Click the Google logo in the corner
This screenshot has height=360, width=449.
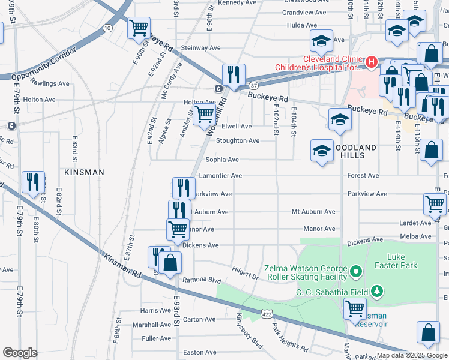pyautogui.click(x=20, y=353)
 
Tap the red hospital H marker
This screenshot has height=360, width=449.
pyautogui.click(x=372, y=61)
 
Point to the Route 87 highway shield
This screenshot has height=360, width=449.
pyautogui.click(x=254, y=86)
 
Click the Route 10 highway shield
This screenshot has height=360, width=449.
pyautogui.click(x=107, y=28)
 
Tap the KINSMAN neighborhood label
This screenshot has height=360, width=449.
pyautogui.click(x=85, y=172)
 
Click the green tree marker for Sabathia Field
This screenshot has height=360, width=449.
pyautogui.click(x=377, y=292)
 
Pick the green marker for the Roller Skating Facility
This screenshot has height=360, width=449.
pyautogui.click(x=356, y=272)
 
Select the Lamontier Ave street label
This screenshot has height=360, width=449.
pyautogui.click(x=223, y=176)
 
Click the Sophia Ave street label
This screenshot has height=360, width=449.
pyautogui.click(x=222, y=160)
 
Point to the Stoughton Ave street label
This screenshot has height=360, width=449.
pyautogui.click(x=238, y=141)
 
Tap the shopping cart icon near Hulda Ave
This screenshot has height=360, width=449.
pyautogui.click(x=139, y=28)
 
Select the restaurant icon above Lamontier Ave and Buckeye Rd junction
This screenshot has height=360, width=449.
pyautogui.click(x=233, y=75)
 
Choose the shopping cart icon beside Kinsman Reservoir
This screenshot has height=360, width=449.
pyautogui.click(x=355, y=308)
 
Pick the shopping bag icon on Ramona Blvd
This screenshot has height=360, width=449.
pyautogui.click(x=170, y=265)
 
